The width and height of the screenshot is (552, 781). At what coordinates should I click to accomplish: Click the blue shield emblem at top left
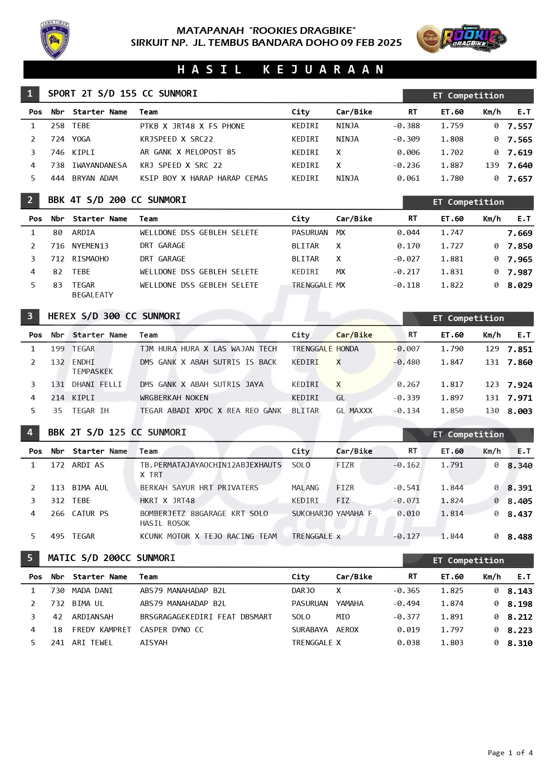pos(55,40)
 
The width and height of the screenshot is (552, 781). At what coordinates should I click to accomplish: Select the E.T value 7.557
pos(520,126)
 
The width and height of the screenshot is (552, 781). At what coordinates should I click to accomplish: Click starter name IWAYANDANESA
pos(99,166)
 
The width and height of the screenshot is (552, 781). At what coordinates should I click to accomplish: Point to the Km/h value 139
pos(492,166)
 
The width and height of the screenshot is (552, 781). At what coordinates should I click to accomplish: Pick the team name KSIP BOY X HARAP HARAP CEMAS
pos(204,179)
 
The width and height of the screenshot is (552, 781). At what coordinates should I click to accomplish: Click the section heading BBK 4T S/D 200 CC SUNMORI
pos(117,200)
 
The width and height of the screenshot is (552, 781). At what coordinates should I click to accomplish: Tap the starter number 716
pos(57,246)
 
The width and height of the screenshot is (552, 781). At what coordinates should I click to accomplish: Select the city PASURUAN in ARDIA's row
pos(310,233)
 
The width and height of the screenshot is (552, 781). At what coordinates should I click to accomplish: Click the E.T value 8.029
pos(520,285)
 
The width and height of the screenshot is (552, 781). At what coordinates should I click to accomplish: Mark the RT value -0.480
pos(406,362)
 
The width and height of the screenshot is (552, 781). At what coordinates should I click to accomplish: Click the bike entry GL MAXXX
pos(354,411)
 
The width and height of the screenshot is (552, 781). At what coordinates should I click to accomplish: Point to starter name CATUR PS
pos(90,514)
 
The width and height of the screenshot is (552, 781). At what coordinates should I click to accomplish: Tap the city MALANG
pos(305,488)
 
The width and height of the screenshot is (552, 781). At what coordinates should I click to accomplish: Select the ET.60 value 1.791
pos(452,465)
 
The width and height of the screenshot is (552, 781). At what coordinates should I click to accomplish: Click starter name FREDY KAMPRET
pos(101,630)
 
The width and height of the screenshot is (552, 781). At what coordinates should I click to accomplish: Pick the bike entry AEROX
pos(347,630)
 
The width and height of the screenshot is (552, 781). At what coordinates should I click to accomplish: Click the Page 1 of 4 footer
pos(510,753)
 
